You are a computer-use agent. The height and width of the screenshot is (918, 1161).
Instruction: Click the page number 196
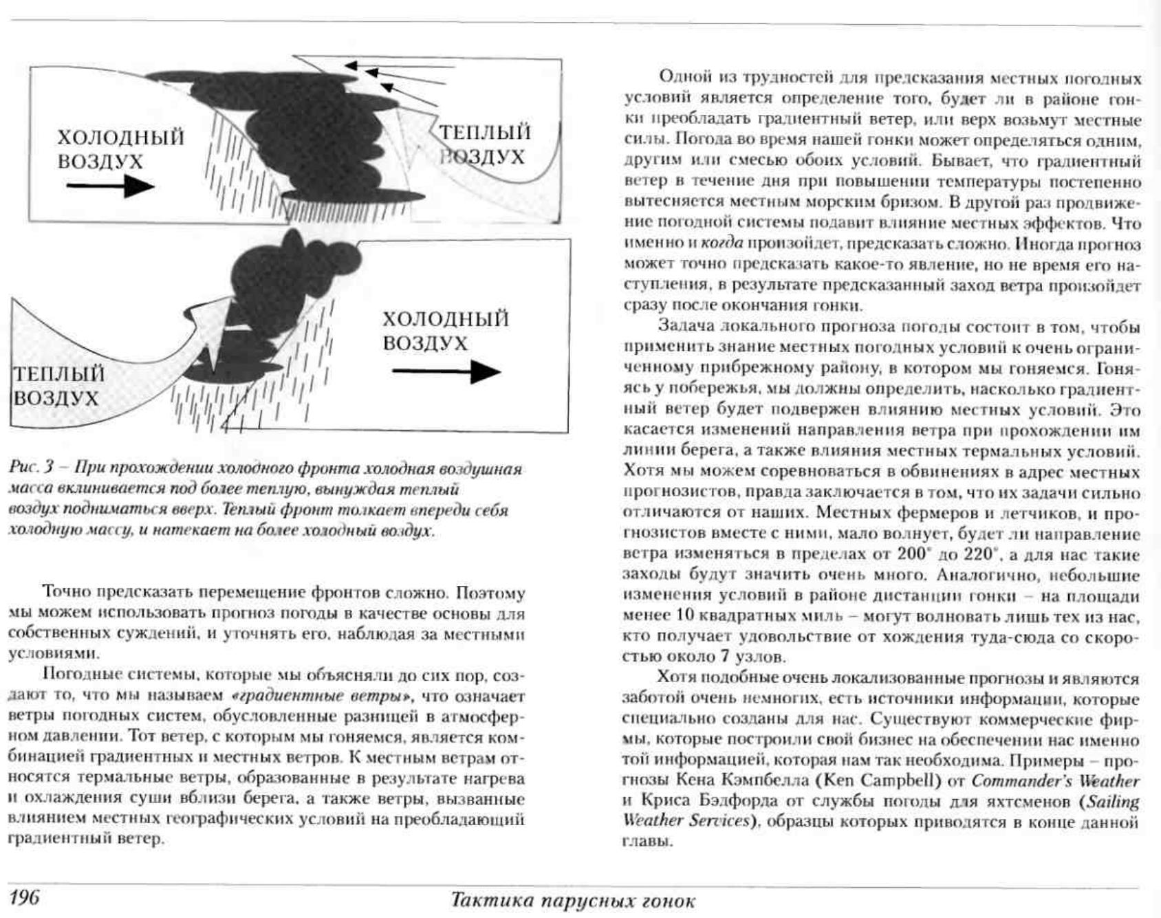click(25, 897)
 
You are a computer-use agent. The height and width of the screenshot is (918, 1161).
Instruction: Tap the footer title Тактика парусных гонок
click(572, 900)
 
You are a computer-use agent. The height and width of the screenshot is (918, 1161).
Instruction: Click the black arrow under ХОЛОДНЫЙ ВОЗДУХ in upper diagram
click(110, 186)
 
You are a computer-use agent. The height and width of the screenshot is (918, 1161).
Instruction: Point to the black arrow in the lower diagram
click(446, 372)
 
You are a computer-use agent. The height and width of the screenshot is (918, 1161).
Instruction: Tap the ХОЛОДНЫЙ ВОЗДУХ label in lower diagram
click(446, 331)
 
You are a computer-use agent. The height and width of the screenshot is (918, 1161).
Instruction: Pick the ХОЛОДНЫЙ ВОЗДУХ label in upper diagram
click(120, 149)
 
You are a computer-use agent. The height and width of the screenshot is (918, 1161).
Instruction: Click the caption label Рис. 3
click(31, 469)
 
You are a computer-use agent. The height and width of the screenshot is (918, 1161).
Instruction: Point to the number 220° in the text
click(981, 554)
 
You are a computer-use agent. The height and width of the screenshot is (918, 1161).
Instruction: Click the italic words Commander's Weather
click(1055, 781)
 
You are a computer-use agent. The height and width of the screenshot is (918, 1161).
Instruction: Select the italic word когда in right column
click(721, 243)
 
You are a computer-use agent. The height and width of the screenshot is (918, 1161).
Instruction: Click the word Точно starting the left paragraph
click(67, 593)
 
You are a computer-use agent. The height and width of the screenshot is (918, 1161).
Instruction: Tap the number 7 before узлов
click(724, 656)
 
